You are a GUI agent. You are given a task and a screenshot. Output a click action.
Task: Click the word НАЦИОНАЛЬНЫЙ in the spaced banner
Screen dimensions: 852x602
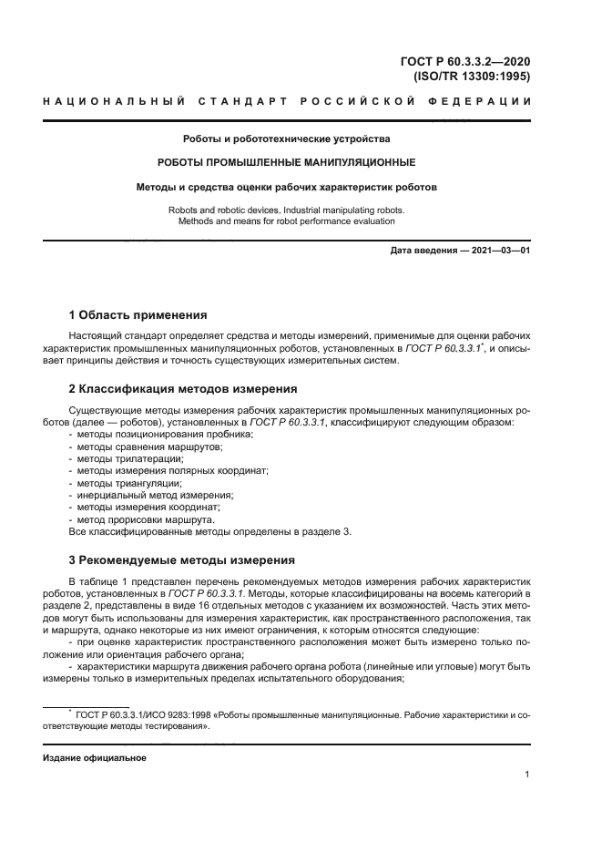108,100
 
